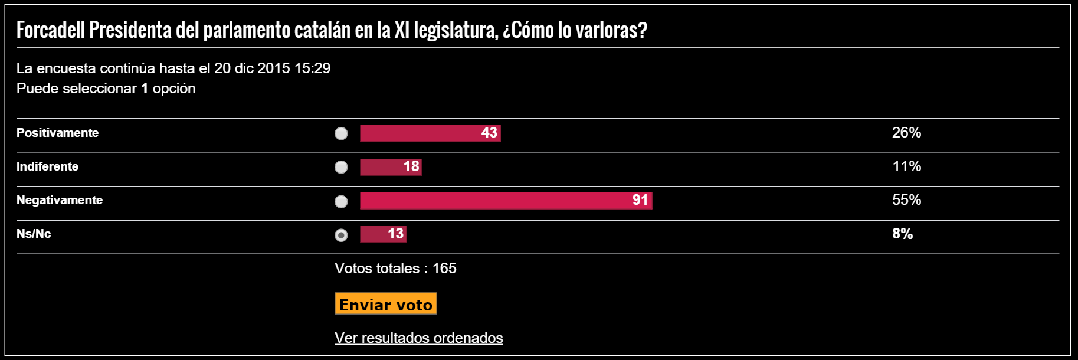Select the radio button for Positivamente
[341, 133]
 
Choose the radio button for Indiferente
[341, 167]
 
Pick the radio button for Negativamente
[341, 201]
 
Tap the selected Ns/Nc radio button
[341, 235]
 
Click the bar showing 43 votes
[430, 133]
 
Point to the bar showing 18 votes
[391, 167]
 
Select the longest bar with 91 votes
[506, 201]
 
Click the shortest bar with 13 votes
[383, 234]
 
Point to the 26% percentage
[906, 133]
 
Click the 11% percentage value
[906, 166]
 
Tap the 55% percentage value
[906, 200]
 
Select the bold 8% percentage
[902, 234]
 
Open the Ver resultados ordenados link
[418, 338]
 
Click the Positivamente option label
[57, 133]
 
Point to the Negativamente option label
[60, 200]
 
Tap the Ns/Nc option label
[34, 234]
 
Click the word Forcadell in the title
[51, 30]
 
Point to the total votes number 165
[444, 269]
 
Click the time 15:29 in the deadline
[312, 68]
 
